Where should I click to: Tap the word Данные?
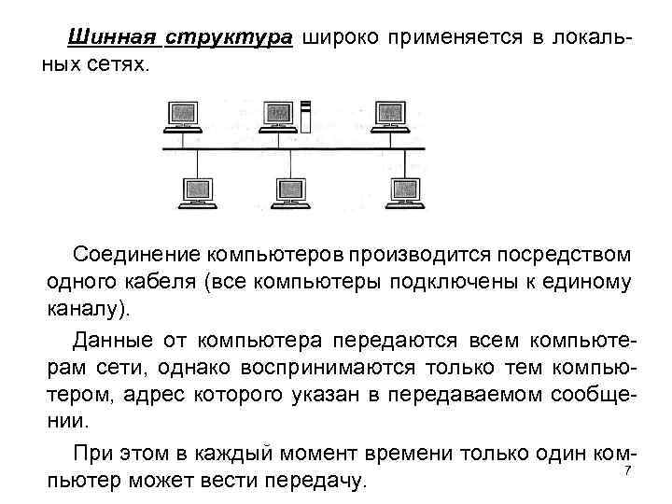109,336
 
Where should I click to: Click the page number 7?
627,471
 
